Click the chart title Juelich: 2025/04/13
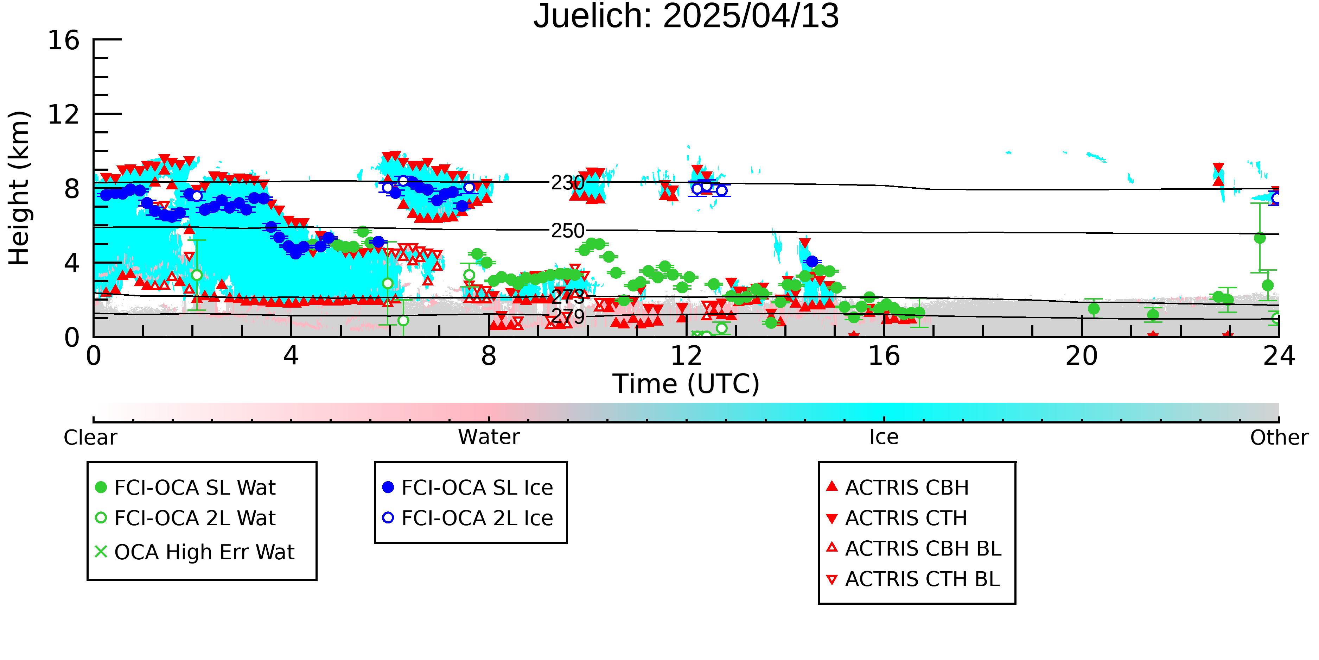(686, 17)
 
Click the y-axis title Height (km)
(19, 188)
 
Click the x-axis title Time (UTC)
(686, 384)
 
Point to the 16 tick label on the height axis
(64, 40)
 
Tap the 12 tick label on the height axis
(64, 114)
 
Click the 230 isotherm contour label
(567, 182)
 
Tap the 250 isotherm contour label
(567, 231)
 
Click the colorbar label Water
(489, 437)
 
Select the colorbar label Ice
(884, 437)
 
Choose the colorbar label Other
(1279, 438)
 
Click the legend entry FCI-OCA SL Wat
(185, 487)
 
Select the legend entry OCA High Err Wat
(195, 552)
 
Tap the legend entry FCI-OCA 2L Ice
(467, 518)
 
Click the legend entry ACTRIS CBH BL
(913, 548)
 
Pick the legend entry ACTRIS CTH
(897, 518)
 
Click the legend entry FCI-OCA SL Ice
(467, 487)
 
